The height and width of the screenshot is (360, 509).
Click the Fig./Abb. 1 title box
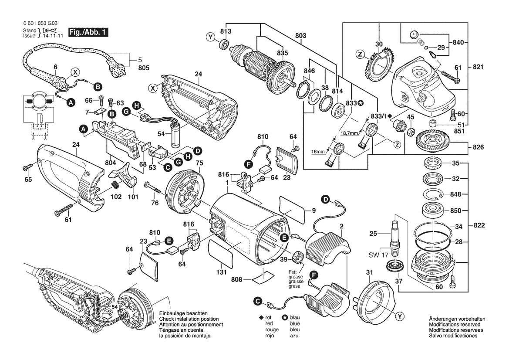(x=88, y=32)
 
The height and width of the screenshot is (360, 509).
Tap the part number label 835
(x=282, y=53)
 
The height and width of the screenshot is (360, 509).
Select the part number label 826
(x=478, y=147)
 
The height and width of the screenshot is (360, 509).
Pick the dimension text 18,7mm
(x=349, y=133)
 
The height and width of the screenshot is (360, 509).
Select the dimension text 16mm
(x=318, y=152)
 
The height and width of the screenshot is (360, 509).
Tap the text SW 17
(x=378, y=255)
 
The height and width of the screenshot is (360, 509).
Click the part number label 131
(x=221, y=272)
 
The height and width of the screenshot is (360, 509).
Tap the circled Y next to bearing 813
(x=211, y=37)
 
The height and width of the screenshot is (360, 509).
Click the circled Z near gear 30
(x=360, y=54)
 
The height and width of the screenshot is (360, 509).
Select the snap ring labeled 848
(x=433, y=194)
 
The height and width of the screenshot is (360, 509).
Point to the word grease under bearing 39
(x=295, y=277)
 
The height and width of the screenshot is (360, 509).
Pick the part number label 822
(x=479, y=225)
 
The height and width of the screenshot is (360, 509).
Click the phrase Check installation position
(x=189, y=319)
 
